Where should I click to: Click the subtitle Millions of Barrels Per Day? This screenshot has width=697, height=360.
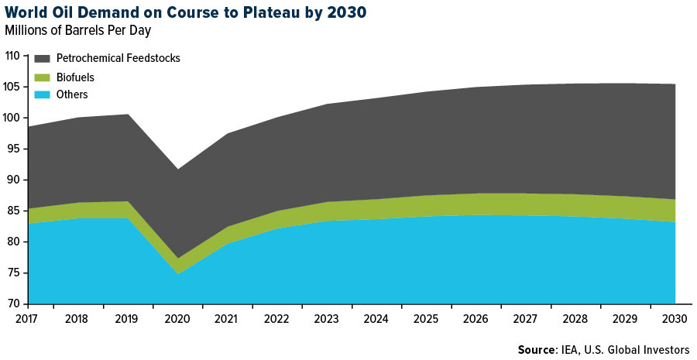(77, 31)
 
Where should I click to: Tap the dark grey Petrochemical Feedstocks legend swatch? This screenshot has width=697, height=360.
(42, 59)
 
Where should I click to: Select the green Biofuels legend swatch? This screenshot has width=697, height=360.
(42, 77)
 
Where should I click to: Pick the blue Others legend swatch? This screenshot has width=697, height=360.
(42, 94)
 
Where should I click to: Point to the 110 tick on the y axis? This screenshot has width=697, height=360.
(12, 56)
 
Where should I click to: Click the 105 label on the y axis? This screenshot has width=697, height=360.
(12, 87)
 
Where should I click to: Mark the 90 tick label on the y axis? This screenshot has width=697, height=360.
(14, 180)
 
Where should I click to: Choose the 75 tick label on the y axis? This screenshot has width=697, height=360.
(14, 273)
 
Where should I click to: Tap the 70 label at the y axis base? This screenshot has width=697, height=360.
(14, 303)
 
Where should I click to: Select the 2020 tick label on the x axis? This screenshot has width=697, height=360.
(177, 317)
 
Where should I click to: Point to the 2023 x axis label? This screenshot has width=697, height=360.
(327, 317)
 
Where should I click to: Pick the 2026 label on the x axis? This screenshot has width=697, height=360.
(476, 317)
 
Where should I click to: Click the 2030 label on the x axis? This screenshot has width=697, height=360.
(674, 317)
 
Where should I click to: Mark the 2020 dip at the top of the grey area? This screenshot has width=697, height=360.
(177, 169)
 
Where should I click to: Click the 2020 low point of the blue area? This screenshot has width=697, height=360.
(177, 274)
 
